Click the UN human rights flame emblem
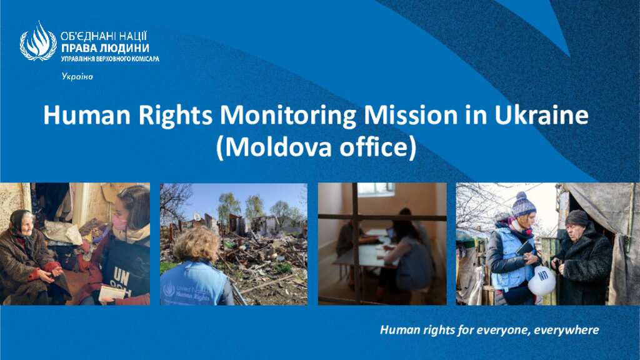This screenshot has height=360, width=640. tap(38, 41)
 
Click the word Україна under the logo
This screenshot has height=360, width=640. tap(77, 76)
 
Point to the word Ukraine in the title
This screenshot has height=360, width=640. tap(542, 115)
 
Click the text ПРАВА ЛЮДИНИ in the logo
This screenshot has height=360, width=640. tap(105, 49)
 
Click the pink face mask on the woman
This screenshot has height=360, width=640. tap(119, 223)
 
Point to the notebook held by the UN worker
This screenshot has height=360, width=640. tap(111, 292)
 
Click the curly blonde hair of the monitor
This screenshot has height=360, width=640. tap(195, 244)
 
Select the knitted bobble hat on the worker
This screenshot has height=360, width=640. tap(523, 204)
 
